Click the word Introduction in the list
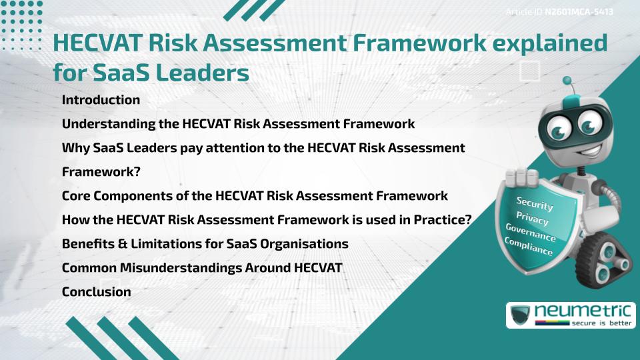coord(101,100)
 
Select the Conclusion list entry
coord(96,291)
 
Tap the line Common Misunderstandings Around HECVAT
coord(202,267)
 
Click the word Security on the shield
coord(535,204)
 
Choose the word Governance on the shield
coord(531,233)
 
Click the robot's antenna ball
coord(567,81)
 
